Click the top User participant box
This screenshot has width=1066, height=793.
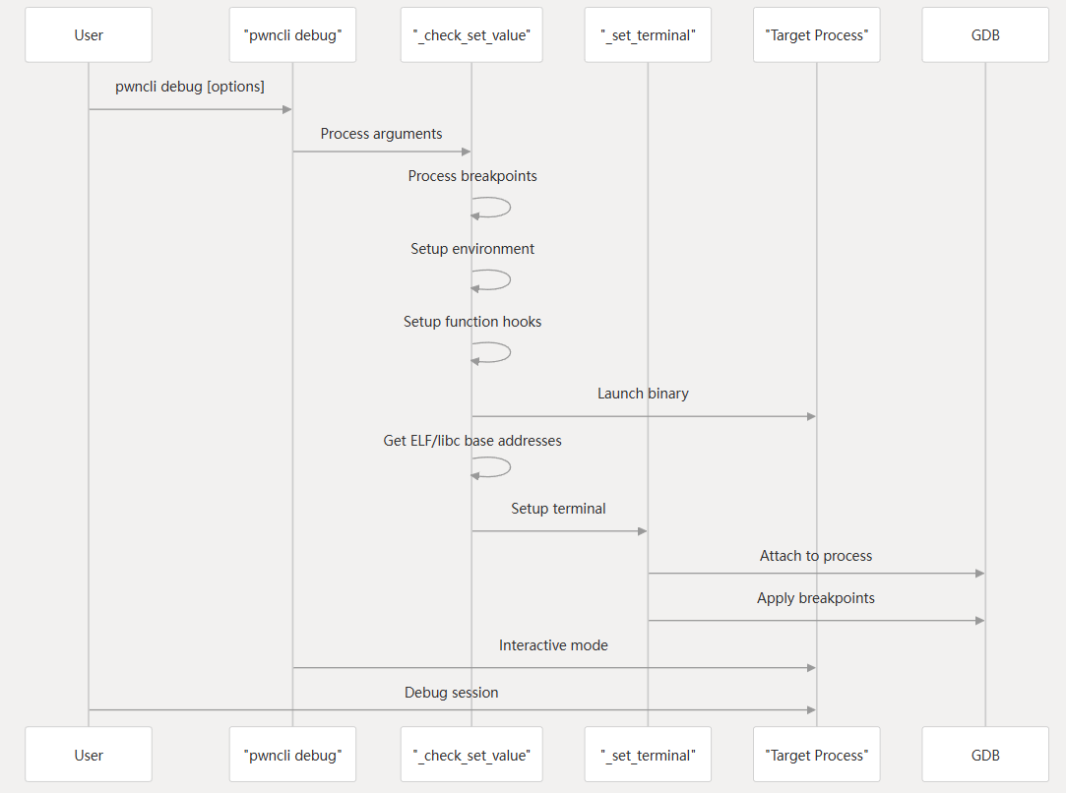(89, 35)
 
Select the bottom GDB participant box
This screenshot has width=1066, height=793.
(985, 755)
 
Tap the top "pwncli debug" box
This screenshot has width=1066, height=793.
(292, 35)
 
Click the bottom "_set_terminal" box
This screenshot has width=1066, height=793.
(648, 755)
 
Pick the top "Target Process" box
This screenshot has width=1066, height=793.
(816, 35)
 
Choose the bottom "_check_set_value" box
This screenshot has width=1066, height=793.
(471, 755)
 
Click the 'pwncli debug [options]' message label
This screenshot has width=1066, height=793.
(190, 87)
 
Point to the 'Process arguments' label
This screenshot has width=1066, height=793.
(381, 134)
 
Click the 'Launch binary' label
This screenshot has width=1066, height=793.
(643, 394)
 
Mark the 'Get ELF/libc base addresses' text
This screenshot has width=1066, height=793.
(472, 441)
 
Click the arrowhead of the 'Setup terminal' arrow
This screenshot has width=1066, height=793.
(642, 531)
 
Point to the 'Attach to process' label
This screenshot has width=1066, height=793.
(816, 556)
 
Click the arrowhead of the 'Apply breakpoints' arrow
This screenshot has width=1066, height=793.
(979, 621)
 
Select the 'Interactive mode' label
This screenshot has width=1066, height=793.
(553, 645)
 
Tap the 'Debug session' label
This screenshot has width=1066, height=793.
(451, 693)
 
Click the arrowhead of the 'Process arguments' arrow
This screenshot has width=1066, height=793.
(466, 152)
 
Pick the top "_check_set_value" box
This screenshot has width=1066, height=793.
(471, 35)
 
